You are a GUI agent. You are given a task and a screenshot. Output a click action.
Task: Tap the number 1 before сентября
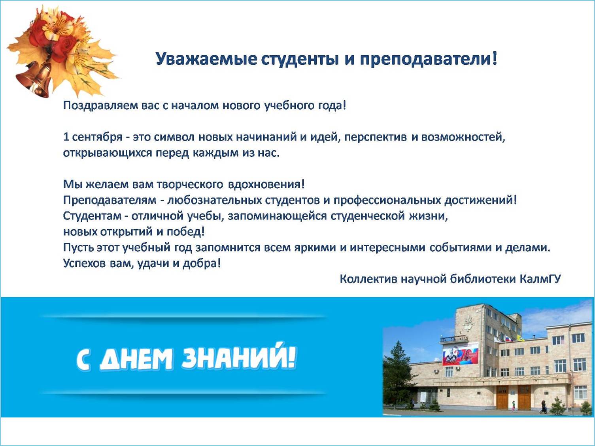pyautogui.click(x=66, y=137)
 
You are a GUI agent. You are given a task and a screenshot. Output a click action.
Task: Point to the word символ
pyautogui.click(x=174, y=137)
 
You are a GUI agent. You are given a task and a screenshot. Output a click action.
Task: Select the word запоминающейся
pyautogui.click(x=277, y=216)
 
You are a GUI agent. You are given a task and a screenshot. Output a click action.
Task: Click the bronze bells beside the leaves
pyautogui.click(x=35, y=79)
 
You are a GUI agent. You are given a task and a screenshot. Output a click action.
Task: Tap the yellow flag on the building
pyautogui.click(x=520, y=338)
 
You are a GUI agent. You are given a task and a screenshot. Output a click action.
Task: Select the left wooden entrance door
pyautogui.click(x=502, y=397)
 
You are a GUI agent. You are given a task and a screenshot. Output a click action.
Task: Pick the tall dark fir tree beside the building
pyautogui.click(x=398, y=375)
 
